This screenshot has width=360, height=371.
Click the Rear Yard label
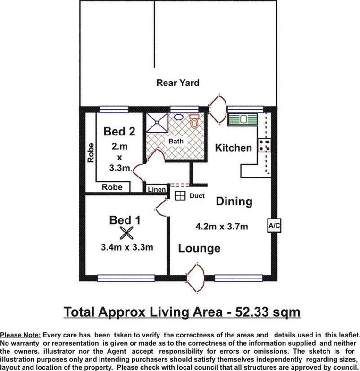(177, 83)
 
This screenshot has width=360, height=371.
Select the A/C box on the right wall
(274, 226)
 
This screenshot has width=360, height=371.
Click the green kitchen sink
(242, 119)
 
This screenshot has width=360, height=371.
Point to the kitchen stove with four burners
(264, 145)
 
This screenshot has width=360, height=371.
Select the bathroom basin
(179, 117)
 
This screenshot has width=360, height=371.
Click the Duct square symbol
(179, 196)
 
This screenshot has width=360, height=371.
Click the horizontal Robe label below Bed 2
(112, 187)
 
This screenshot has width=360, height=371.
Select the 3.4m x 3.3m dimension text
(126, 246)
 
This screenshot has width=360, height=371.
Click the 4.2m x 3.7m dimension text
(222, 227)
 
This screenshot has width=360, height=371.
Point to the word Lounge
(199, 248)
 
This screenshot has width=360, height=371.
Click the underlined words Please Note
(21, 334)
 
